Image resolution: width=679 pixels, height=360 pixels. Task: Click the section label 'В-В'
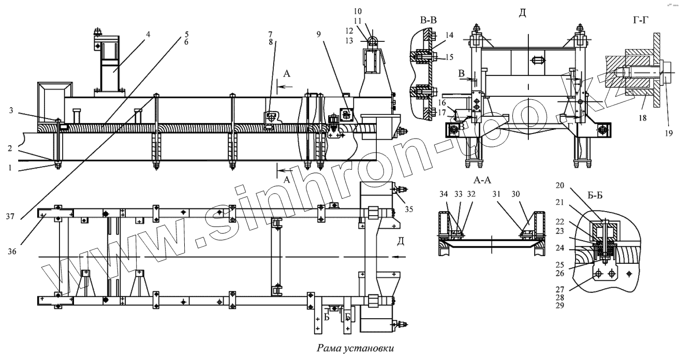pos(430,22)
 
